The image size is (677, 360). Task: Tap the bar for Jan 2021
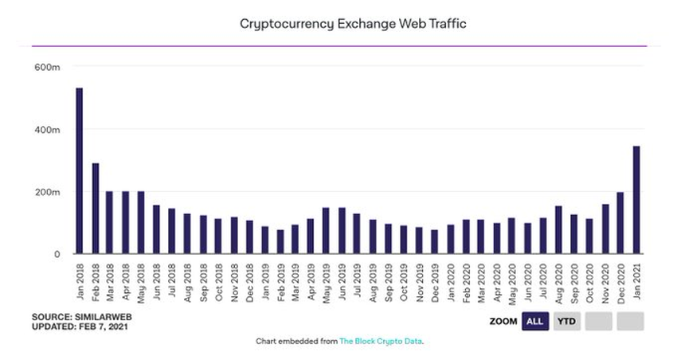coord(636,200)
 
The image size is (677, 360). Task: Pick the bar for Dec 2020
coord(620,223)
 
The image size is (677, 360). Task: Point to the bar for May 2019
coord(326,231)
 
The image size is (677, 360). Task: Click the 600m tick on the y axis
coord(47,68)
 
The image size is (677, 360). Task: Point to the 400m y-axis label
coord(47,130)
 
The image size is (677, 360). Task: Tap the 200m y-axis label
coord(47,192)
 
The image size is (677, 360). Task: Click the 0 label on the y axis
coord(57,254)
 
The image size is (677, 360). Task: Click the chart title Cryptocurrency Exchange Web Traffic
coord(353,24)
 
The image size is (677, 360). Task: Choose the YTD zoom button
coord(567,322)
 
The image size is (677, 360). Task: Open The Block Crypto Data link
coord(381,342)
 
